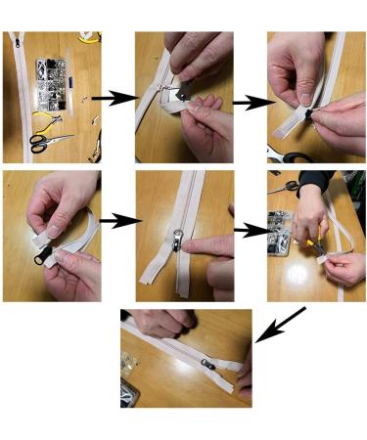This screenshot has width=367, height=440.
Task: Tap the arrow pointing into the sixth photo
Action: tap(252, 230)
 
